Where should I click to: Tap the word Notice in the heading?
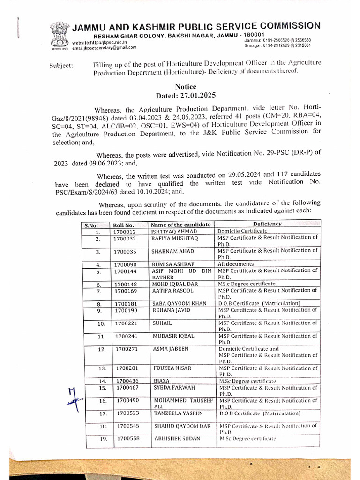(x=186, y=86)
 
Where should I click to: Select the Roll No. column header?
(x=123, y=225)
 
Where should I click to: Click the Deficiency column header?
(x=267, y=224)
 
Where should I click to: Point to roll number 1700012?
(x=124, y=232)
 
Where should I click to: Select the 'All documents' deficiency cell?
(x=235, y=264)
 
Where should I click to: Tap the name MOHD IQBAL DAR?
(x=175, y=284)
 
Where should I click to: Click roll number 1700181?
(x=126, y=304)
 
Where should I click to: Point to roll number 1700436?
(x=127, y=381)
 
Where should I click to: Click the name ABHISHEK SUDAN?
(x=177, y=439)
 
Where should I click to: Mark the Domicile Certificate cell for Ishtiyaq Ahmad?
(x=242, y=231)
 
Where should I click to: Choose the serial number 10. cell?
(x=101, y=323)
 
